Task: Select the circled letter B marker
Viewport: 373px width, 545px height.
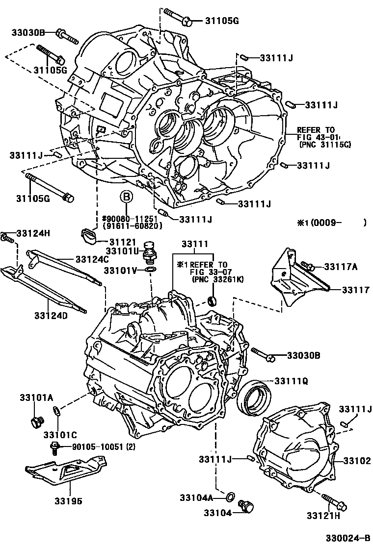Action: click(x=126, y=198)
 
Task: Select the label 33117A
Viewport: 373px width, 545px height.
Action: click(x=340, y=267)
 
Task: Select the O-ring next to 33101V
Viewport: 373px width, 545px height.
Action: click(x=152, y=270)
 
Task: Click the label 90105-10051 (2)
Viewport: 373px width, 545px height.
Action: click(x=103, y=446)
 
